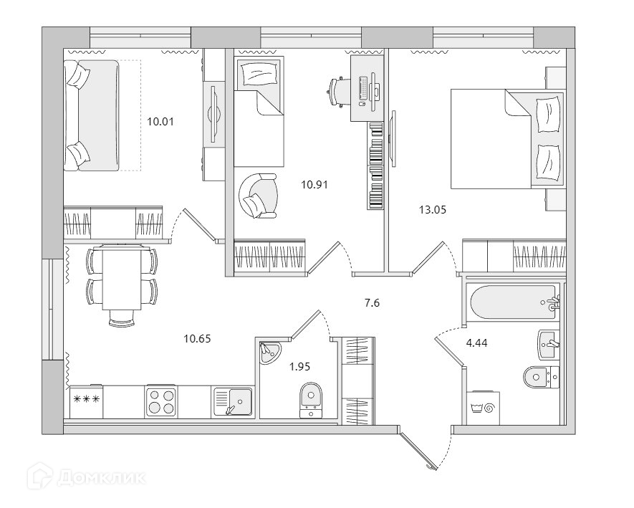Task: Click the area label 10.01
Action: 161,122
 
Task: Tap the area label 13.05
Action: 433,210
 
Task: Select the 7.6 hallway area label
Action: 372,302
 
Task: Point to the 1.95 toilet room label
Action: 299,367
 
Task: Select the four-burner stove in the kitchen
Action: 161,401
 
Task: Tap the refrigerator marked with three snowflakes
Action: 86,401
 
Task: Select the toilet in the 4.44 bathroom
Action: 539,375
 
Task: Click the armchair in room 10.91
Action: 257,195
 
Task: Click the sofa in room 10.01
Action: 91,116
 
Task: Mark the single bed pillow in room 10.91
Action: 254,75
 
